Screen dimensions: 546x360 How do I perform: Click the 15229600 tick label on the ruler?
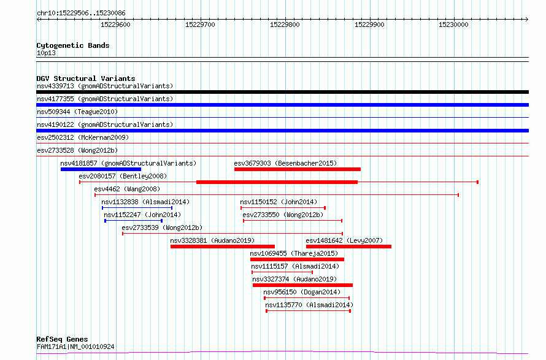(115, 25)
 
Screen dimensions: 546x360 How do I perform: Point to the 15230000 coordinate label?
(453, 25)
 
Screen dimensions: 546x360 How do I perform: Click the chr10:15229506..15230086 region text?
(81, 13)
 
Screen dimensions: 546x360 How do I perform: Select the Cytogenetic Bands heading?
(73, 45)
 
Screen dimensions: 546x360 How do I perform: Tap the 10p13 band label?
(46, 53)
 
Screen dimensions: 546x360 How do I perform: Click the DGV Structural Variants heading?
(86, 79)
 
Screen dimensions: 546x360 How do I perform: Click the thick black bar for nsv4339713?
(282, 92)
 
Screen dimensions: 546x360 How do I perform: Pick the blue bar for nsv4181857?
(101, 169)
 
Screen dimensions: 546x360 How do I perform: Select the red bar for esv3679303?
(298, 169)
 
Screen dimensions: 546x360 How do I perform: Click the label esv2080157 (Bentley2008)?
(123, 176)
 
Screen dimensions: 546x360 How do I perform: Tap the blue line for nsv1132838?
(137, 208)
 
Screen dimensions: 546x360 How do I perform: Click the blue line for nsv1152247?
(134, 221)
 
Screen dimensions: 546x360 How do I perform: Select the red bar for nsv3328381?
(223, 247)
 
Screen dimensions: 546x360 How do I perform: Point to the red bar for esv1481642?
(348, 247)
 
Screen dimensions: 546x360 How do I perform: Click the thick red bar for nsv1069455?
(298, 259)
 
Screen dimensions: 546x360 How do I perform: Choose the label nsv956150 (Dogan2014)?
(302, 292)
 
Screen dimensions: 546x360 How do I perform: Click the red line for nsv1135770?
(309, 311)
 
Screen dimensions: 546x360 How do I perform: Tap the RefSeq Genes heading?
(63, 339)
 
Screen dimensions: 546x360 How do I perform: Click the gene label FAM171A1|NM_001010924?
(75, 347)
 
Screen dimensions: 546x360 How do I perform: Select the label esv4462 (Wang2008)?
(127, 189)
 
